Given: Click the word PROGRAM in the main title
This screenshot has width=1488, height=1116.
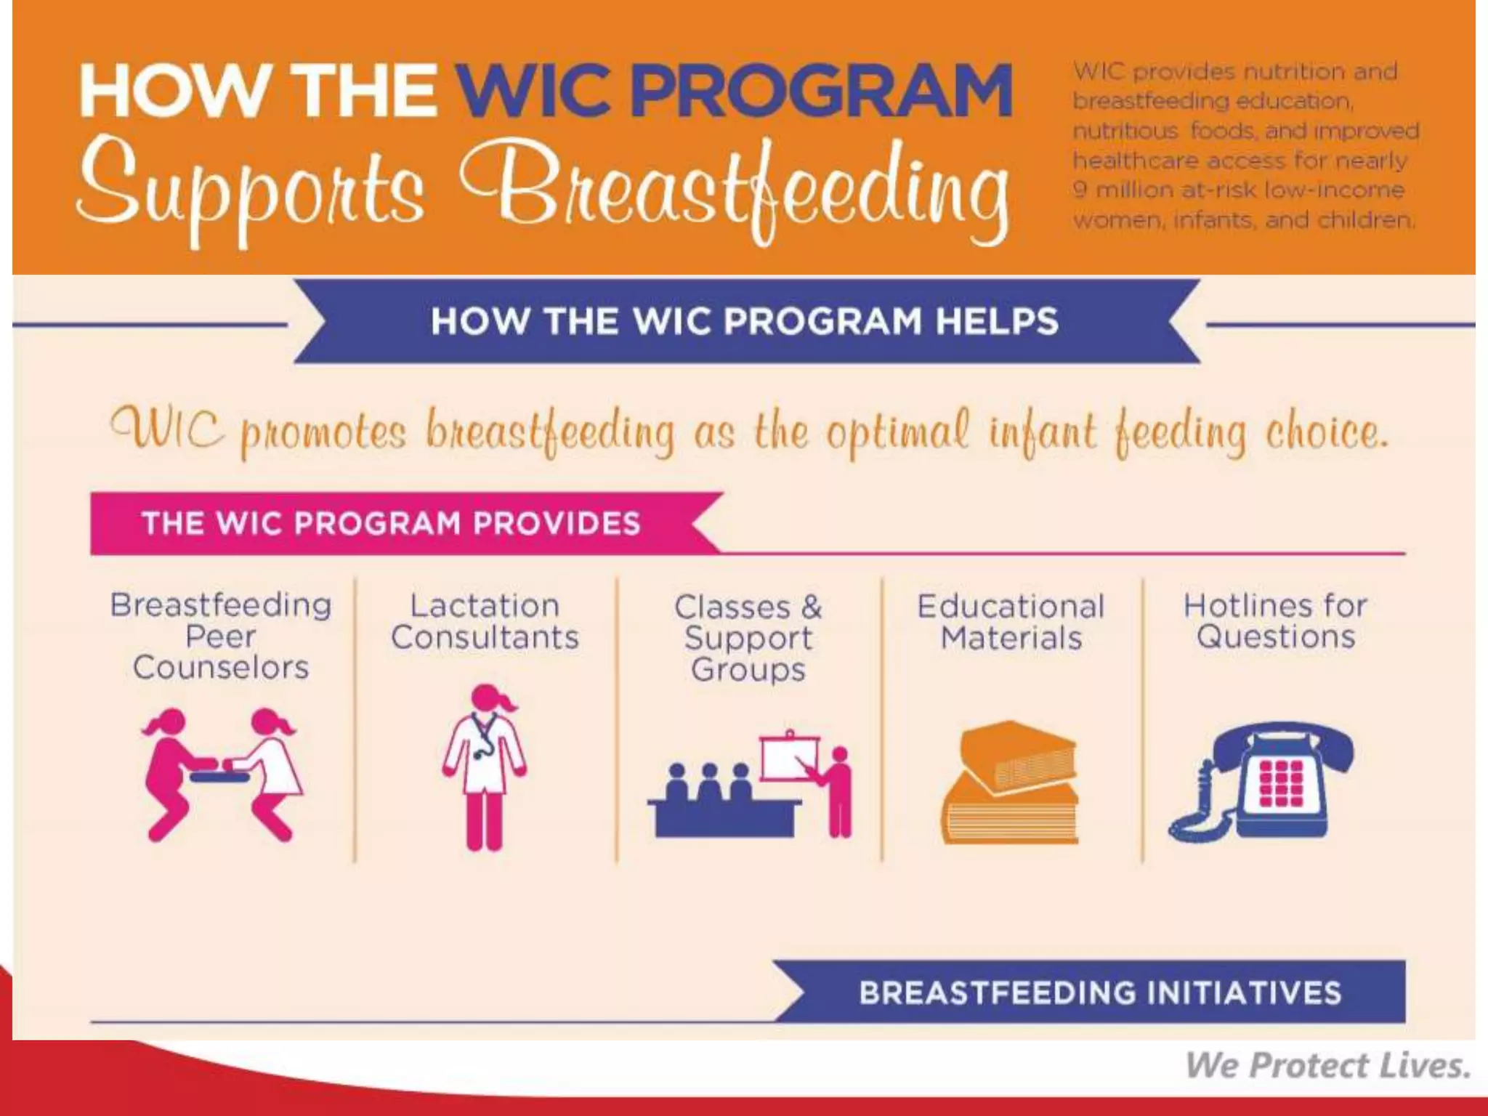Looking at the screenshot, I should (821, 91).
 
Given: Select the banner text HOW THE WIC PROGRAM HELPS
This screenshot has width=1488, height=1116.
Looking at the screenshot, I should (745, 321).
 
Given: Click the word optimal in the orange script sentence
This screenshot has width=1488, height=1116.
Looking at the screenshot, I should (897, 432).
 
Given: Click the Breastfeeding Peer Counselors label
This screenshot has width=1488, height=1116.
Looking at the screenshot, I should (221, 636).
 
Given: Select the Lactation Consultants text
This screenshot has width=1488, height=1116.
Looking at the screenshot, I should (485, 622).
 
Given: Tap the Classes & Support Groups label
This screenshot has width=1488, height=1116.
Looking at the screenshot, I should (748, 638).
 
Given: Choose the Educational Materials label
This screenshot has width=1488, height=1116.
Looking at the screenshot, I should (1011, 623).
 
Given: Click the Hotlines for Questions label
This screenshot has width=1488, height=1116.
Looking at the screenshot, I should (1275, 621).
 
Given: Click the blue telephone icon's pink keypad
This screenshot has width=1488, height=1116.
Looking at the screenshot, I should (1280, 784).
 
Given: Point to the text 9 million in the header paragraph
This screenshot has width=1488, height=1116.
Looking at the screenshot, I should (1119, 190).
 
